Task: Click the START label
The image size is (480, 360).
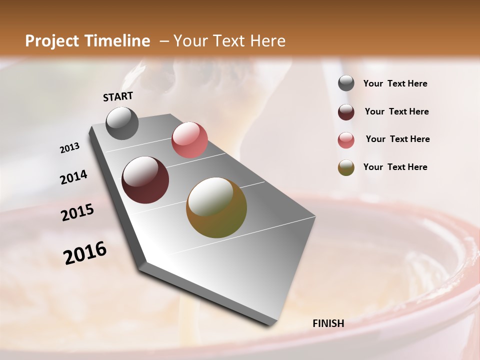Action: [x=118, y=96]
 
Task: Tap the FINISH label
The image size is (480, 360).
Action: [x=328, y=323]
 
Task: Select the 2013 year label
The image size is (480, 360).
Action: [x=69, y=148]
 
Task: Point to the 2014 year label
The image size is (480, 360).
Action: [x=73, y=177]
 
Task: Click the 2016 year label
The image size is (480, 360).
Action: [x=85, y=253]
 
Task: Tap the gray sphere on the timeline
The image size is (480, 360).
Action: [x=122, y=123]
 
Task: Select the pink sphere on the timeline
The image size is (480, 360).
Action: [x=189, y=140]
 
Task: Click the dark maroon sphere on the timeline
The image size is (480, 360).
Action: [x=145, y=180]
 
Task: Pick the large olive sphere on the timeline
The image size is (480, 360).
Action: [x=216, y=207]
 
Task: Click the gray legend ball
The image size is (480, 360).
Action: [x=346, y=83]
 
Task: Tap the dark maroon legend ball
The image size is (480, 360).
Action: [x=346, y=111]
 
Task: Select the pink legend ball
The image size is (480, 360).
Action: [x=346, y=139]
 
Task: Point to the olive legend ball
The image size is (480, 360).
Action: [x=346, y=167]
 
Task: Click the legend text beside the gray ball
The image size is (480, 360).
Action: [x=395, y=83]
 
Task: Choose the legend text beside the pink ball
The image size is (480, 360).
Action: [x=397, y=139]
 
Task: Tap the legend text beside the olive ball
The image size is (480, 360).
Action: [x=395, y=167]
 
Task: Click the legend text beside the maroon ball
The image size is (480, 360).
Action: [x=396, y=111]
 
